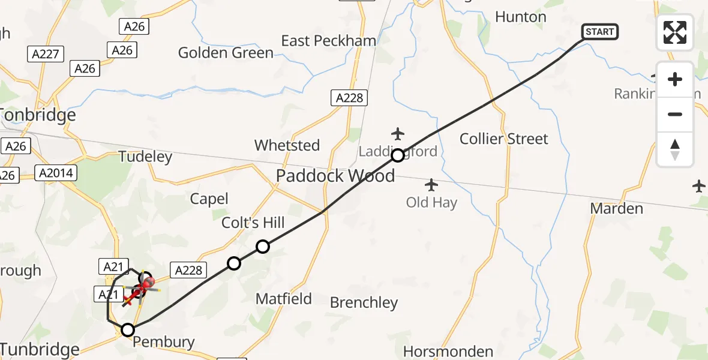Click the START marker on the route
pyautogui.click(x=599, y=32)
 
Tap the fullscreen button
pyautogui.click(x=675, y=32)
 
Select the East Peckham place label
pyautogui.click(x=329, y=41)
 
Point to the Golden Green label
pyautogui.click(x=226, y=53)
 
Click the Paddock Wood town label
pyautogui.click(x=335, y=176)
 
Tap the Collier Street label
pyautogui.click(x=503, y=139)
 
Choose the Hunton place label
pyautogui.click(x=521, y=17)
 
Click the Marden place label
pyautogui.click(x=616, y=209)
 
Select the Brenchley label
pyautogui.click(x=364, y=303)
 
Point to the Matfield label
pyautogui.click(x=284, y=299)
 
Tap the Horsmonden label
pyautogui.click(x=448, y=351)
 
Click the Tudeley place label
pyautogui.click(x=145, y=157)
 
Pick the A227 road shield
pyautogui.click(x=46, y=55)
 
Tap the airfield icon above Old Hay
pyautogui.click(x=431, y=184)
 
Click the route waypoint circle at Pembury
pyautogui.click(x=128, y=329)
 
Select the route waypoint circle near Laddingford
pyautogui.click(x=397, y=156)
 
